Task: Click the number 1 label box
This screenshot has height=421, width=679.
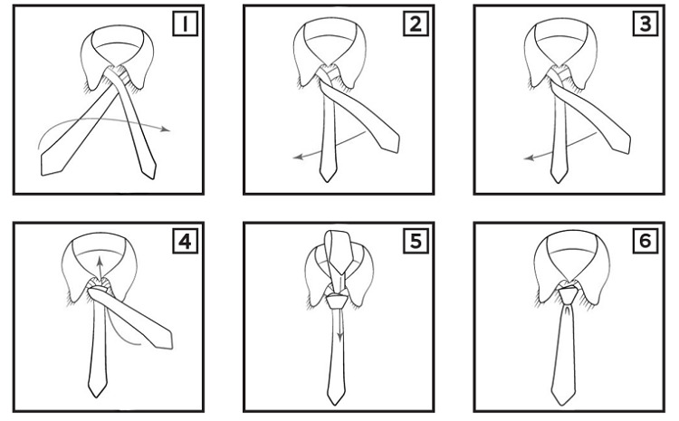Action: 186,24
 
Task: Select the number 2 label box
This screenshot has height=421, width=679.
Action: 416,24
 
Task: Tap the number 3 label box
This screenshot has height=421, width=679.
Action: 646,24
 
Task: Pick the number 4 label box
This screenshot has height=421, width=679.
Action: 186,241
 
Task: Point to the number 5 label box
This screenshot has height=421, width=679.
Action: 416,241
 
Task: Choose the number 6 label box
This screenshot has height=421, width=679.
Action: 646,241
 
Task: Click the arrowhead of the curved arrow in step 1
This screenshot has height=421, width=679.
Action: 165,129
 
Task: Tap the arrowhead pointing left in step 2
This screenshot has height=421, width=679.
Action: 299,157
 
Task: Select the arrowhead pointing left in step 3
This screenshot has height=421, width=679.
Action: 530,158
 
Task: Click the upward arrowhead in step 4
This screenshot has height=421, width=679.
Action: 100,262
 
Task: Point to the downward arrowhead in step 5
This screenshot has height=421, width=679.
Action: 340,337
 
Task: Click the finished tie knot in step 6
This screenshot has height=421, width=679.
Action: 568,295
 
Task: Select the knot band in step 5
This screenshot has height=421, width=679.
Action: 337,301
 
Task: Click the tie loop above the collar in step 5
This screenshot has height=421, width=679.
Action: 337,254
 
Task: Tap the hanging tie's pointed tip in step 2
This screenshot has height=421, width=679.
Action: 327,181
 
